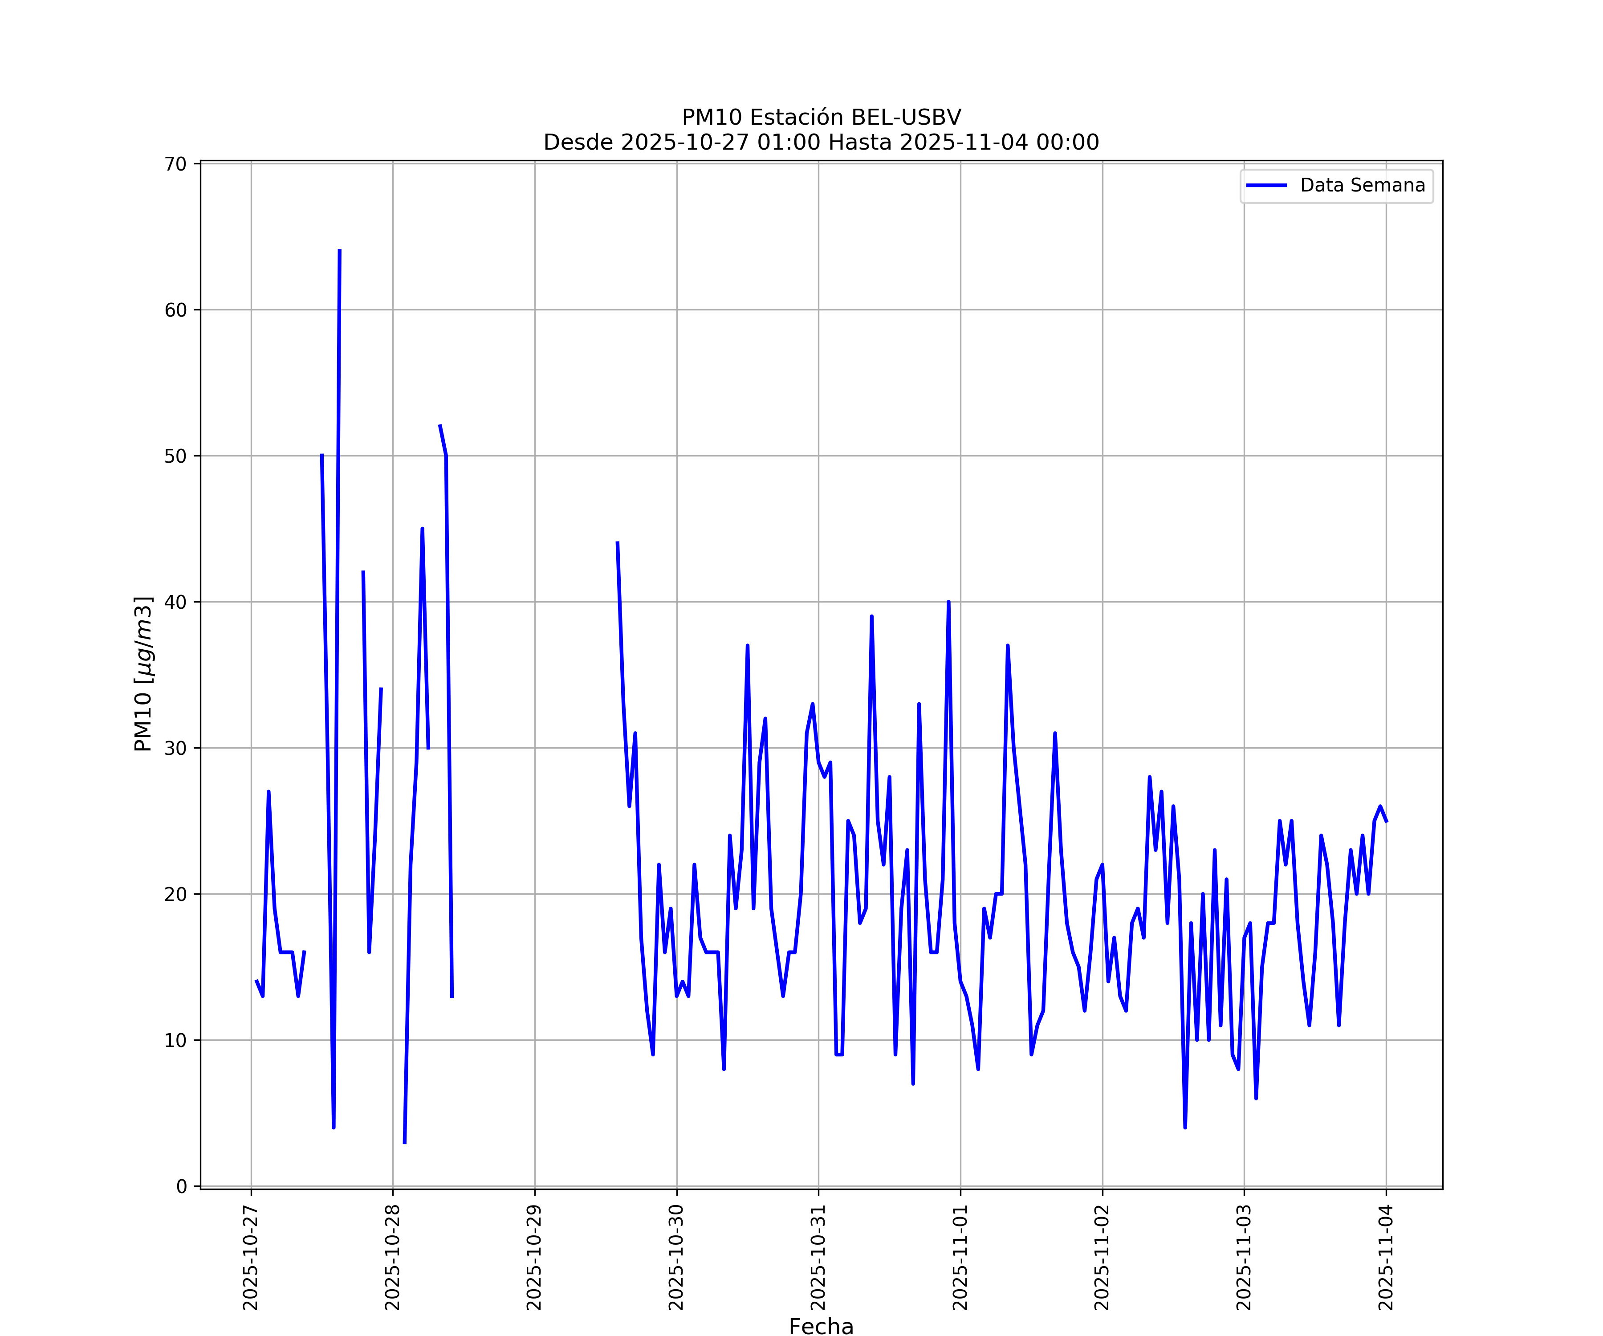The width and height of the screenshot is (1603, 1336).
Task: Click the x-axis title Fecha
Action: click(821, 1327)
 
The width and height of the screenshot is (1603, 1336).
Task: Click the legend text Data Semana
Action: click(1363, 186)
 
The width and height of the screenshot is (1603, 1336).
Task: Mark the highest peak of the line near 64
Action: click(340, 250)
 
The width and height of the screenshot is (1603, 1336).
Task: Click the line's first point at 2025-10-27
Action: click(256, 981)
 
